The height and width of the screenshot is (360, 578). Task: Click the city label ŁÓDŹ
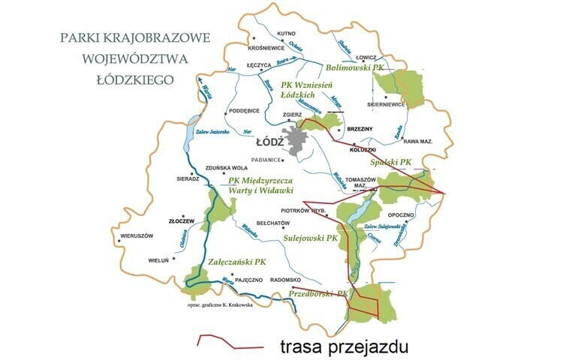[x=269, y=141]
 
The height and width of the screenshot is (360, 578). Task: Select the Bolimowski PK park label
[x=355, y=67]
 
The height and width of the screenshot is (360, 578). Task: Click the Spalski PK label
[x=392, y=161]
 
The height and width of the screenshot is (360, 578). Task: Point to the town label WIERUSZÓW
[x=131, y=235]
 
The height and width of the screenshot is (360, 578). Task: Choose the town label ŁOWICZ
[x=366, y=57]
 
